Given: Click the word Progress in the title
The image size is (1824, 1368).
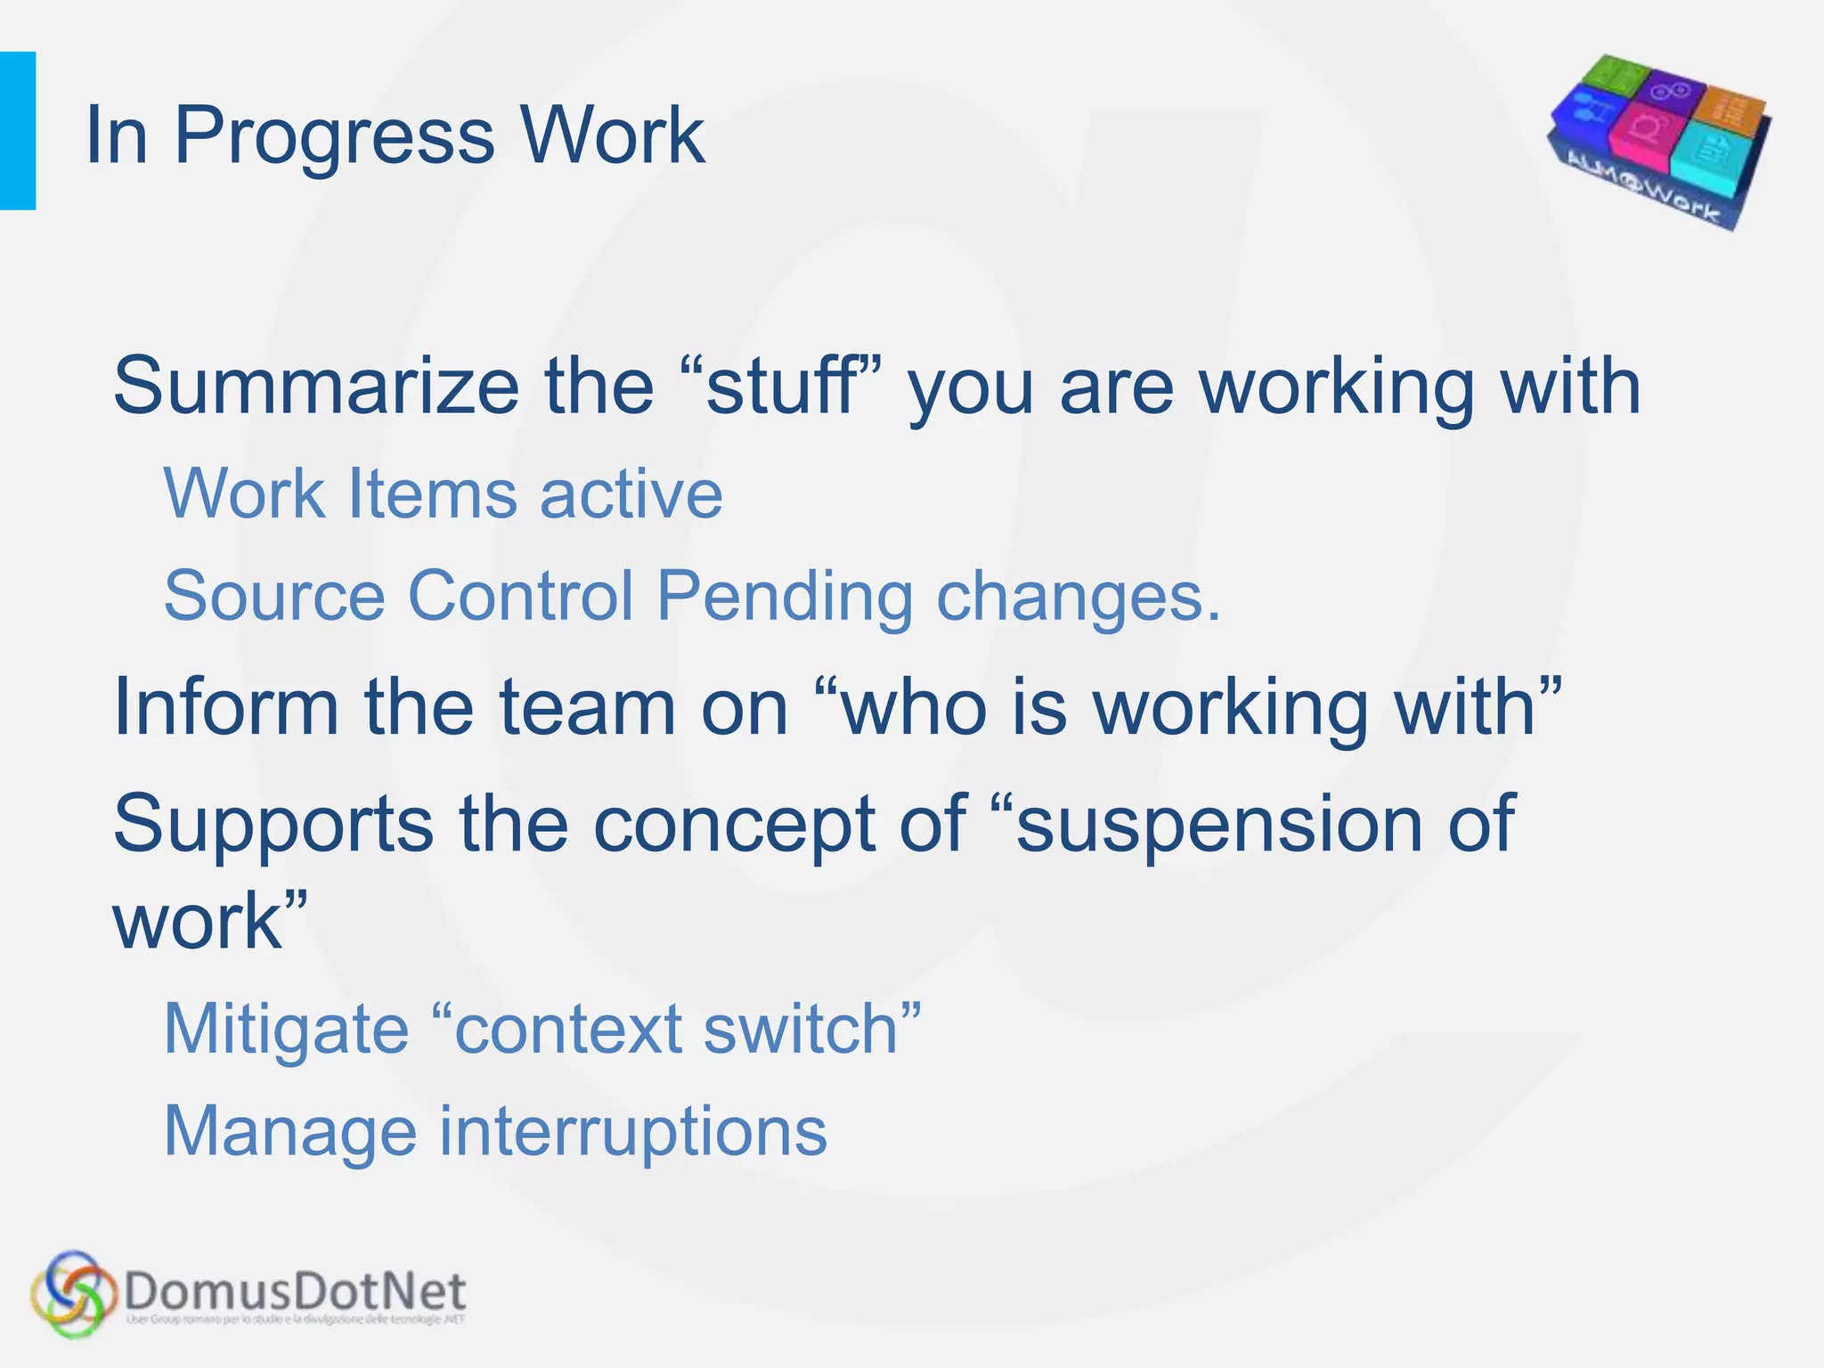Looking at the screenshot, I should click(333, 136).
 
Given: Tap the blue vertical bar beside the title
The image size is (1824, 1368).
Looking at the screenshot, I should click(17, 131).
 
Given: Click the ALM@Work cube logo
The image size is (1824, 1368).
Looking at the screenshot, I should click(1658, 142).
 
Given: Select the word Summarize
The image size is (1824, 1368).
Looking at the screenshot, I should click(316, 387).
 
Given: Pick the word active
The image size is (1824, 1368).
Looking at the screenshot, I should click(631, 493).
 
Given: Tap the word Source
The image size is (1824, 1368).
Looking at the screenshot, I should click(274, 596).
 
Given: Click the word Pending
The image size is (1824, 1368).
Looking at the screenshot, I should click(785, 596).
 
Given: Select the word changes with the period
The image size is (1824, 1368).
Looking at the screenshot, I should click(1079, 596).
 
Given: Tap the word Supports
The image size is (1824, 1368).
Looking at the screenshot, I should click(273, 825).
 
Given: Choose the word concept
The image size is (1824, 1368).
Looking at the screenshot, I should click(734, 825).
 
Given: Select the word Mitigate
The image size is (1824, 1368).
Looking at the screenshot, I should click(286, 1030).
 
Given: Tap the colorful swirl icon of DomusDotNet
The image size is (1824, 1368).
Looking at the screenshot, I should click(73, 1293).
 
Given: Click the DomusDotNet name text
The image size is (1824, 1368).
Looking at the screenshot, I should click(295, 1291).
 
